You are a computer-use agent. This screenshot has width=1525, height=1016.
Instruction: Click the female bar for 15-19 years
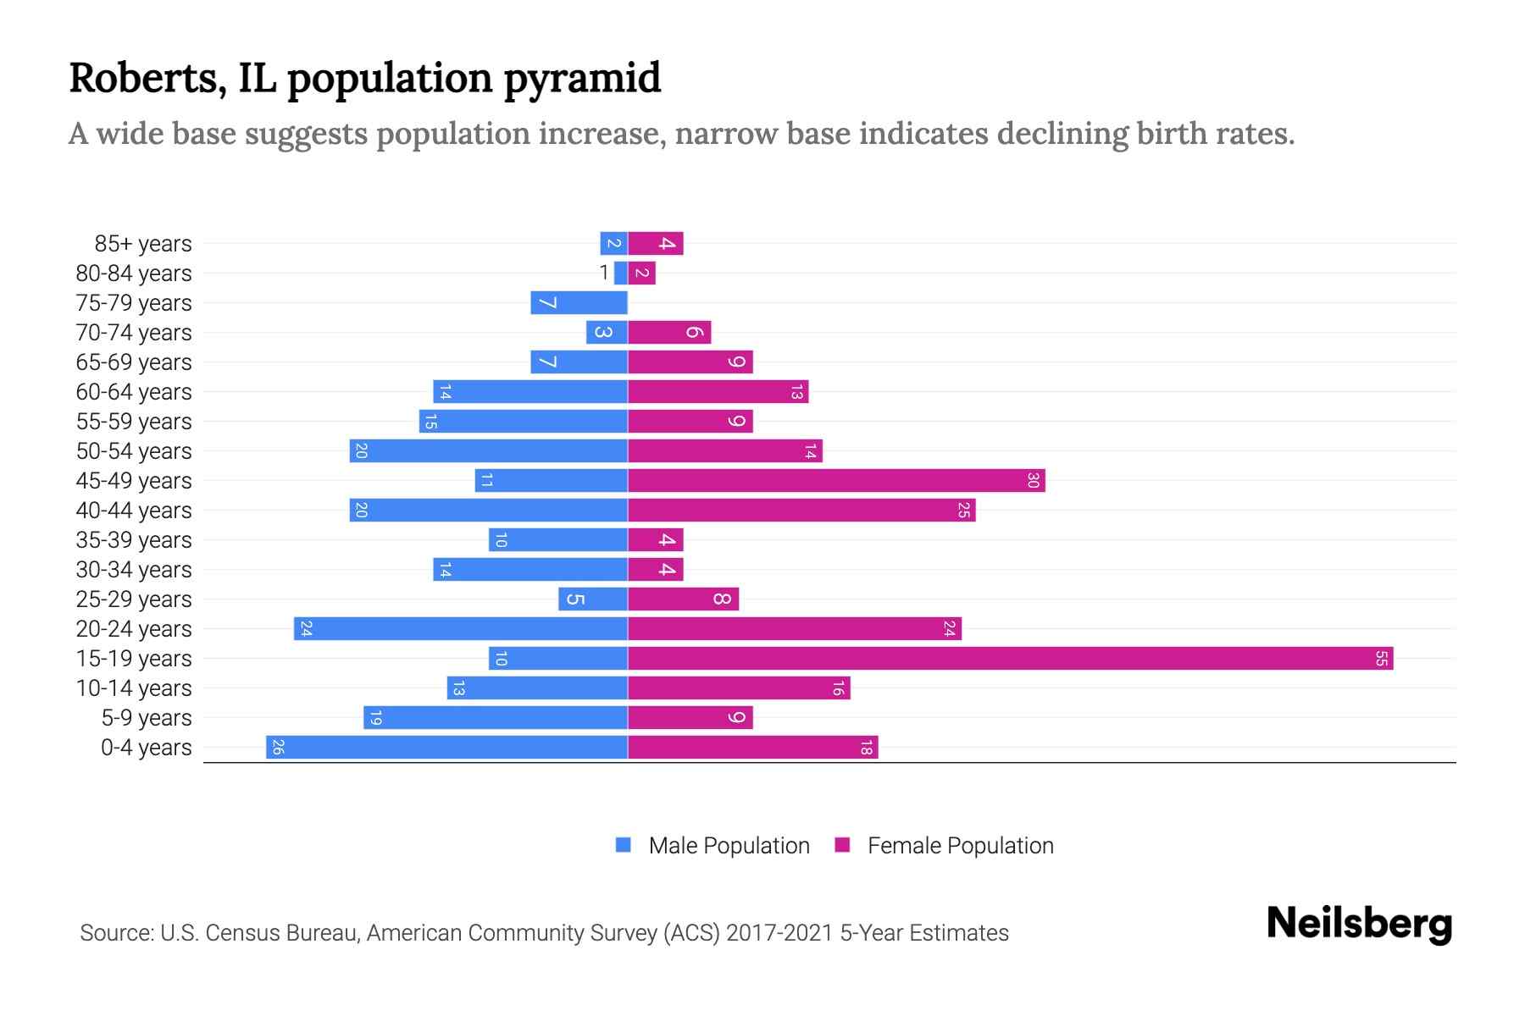pos(1010,659)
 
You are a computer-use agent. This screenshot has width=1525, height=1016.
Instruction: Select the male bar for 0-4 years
pos(446,748)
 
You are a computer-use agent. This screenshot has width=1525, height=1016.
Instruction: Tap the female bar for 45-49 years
pos(836,481)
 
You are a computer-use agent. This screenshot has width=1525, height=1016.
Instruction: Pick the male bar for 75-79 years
pos(579,303)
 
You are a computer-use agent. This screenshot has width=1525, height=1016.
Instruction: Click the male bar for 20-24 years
pos(461,629)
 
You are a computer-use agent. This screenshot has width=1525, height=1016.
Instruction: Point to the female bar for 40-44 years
pos(801,511)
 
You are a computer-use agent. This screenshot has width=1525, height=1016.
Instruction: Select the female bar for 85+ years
pos(655,244)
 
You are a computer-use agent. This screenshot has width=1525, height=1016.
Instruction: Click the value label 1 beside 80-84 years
pos(603,273)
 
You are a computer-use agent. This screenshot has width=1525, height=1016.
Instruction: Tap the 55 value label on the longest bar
pos(1381,659)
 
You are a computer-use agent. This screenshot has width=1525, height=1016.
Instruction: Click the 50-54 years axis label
pos(134,451)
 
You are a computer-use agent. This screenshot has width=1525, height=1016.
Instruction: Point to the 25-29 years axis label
pos(134,599)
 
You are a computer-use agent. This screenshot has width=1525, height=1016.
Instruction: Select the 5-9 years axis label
pos(146,718)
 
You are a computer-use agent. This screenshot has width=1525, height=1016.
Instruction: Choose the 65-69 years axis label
pos(134,362)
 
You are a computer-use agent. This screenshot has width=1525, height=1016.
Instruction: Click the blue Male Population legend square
pos(624,845)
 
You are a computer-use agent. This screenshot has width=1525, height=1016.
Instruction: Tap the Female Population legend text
pos(960,846)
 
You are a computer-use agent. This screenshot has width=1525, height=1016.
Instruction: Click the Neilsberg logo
pos(1359,923)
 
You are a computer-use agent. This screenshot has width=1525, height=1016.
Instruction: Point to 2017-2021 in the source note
pos(779,933)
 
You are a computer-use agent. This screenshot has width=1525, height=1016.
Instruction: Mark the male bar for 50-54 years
pos(488,451)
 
